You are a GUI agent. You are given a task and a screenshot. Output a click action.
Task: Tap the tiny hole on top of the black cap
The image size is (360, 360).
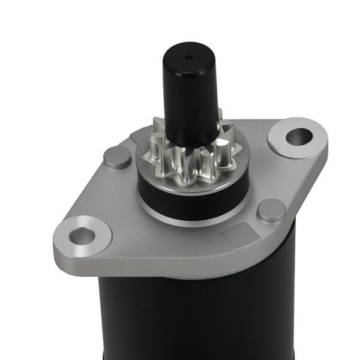tap(190, 58)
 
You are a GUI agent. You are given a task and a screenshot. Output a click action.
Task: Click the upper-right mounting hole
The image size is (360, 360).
tap(298, 137)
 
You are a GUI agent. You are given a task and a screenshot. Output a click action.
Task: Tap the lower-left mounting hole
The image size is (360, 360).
tap(82, 236)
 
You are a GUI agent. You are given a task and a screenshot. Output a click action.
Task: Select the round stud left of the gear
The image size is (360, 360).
tap(117, 157)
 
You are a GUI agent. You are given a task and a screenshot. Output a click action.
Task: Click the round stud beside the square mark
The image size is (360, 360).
tap(271, 211)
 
